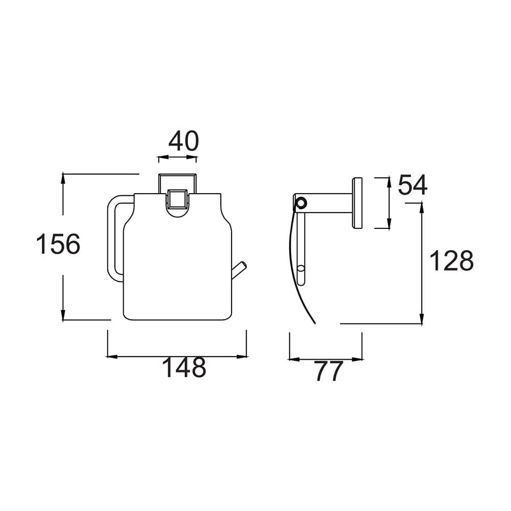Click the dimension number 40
(x=183, y=141)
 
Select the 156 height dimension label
(x=58, y=244)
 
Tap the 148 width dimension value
(x=184, y=367)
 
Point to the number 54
(x=412, y=185)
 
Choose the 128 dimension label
(x=451, y=261)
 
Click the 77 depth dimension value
(x=329, y=371)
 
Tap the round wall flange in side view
(x=358, y=203)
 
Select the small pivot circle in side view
(x=301, y=203)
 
